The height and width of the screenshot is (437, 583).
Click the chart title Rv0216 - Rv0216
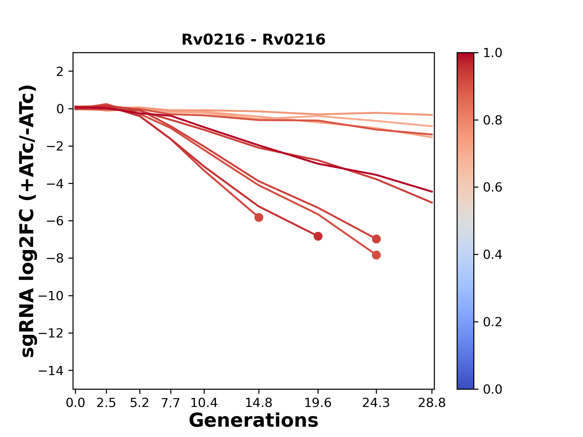coord(253,40)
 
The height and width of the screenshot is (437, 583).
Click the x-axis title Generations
coord(253,420)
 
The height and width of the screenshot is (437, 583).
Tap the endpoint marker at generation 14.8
coord(259,217)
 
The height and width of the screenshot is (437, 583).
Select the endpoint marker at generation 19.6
coord(318,236)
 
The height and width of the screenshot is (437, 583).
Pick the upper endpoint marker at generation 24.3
coord(376,239)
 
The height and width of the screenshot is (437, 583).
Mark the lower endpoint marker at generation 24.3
coord(376,255)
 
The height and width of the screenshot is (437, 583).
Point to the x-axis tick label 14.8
coord(259,403)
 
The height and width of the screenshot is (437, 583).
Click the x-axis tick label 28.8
coord(432,403)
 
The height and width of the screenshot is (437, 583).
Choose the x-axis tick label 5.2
coord(139,403)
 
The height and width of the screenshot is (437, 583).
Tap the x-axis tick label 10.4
coord(204,403)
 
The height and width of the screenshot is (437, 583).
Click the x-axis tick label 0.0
coord(75,403)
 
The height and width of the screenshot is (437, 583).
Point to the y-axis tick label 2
coord(60,71)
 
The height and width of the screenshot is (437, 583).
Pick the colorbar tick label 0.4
coord(493,255)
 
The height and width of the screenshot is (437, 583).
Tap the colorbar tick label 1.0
coord(493,53)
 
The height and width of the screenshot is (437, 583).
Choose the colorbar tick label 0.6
coord(493,187)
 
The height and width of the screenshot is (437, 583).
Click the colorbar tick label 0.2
coord(493,322)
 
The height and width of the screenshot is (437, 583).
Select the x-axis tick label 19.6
coord(318,403)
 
